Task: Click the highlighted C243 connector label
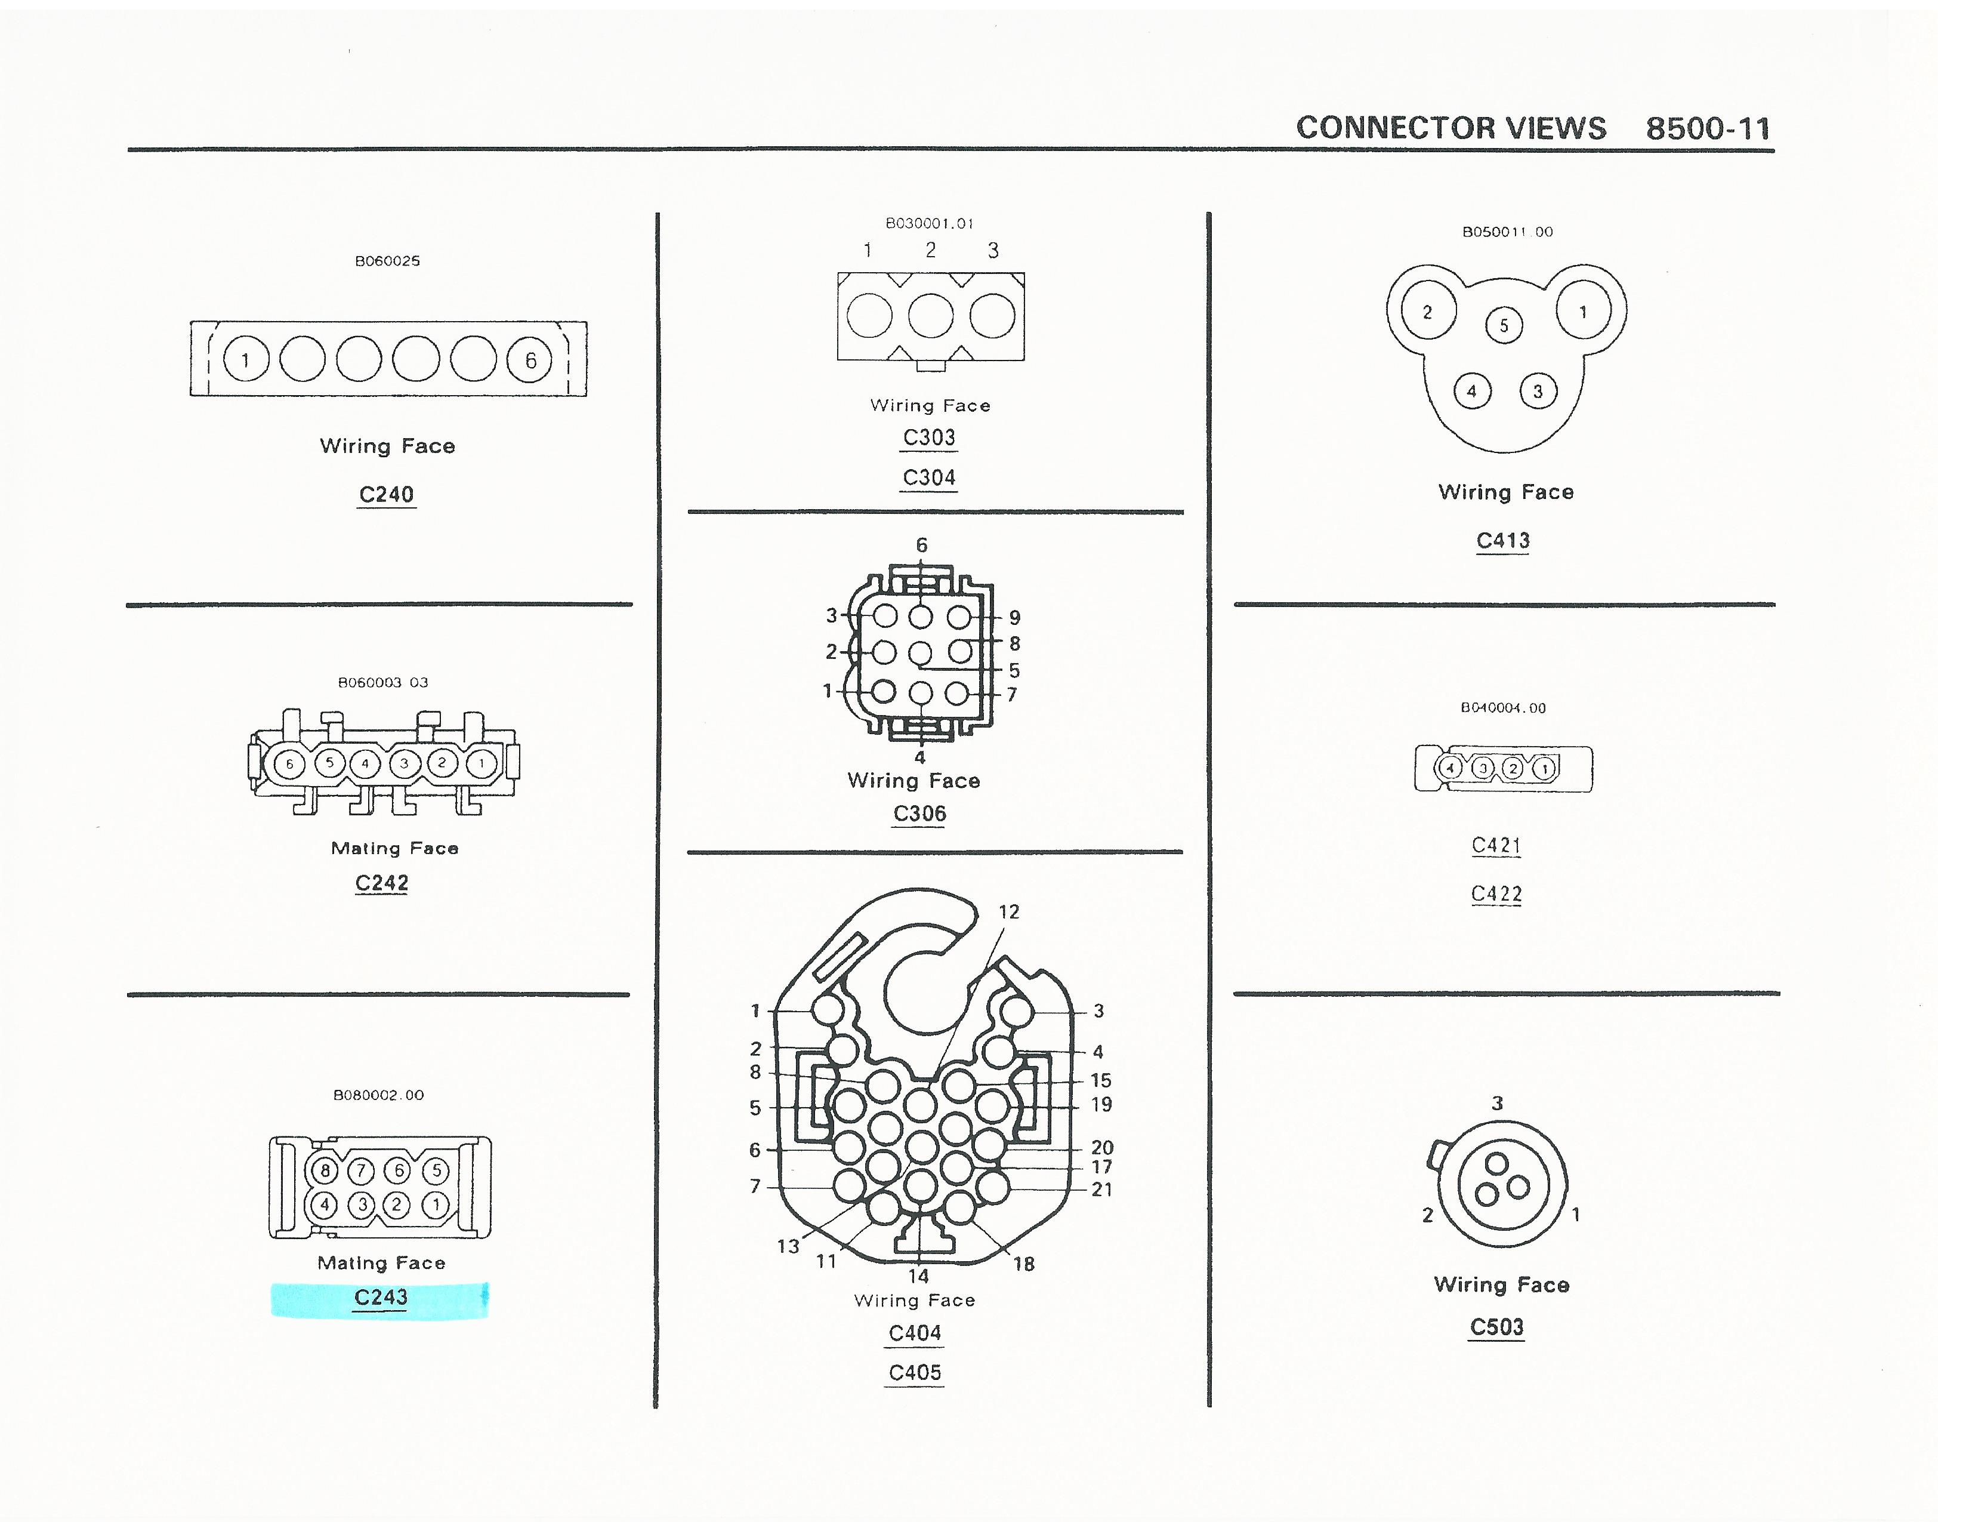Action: (x=381, y=1298)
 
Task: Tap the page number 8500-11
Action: (x=1708, y=129)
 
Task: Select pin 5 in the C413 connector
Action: (x=1504, y=325)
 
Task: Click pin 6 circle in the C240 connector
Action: (x=529, y=360)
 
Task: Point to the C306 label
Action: (x=919, y=814)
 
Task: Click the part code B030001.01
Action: (x=930, y=224)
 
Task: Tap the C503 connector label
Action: (x=1496, y=1327)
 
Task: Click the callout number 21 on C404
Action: (x=1101, y=1190)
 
